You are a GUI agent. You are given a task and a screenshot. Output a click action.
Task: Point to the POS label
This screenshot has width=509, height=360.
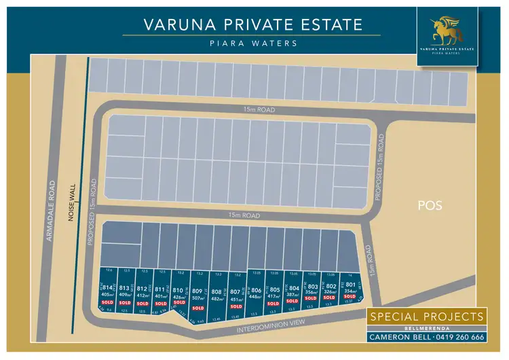(430, 204)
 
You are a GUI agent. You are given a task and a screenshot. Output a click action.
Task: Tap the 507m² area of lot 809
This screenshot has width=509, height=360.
(198, 298)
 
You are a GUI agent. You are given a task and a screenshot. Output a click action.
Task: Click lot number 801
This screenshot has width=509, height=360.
(350, 285)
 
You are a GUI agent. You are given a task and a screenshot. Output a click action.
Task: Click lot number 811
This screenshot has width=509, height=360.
(160, 289)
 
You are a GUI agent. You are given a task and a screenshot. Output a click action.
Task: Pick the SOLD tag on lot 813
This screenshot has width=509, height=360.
(125, 302)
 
